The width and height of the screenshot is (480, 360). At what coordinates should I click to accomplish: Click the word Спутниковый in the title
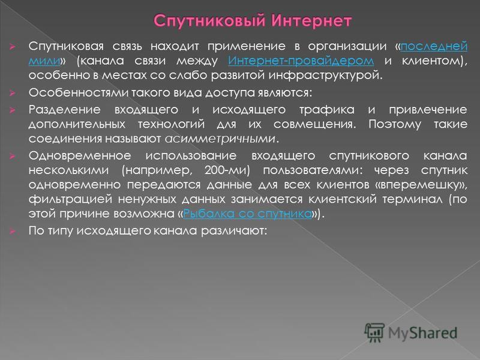tap(209, 22)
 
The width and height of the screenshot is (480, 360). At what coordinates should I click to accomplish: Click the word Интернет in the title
tap(311, 21)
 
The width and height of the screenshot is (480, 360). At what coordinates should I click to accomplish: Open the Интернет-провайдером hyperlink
tap(301, 61)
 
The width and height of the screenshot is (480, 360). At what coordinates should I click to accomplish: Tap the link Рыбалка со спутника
tap(247, 214)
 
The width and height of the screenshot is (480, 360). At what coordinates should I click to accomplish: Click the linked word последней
tap(434, 46)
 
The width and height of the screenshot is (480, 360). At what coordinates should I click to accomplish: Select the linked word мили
tap(44, 61)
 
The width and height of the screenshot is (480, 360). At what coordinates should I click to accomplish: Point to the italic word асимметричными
tap(220, 139)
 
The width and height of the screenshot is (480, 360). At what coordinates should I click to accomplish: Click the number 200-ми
tap(227, 170)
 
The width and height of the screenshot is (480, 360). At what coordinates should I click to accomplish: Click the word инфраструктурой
tap(325, 76)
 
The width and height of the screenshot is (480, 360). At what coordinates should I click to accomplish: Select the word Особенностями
tap(79, 92)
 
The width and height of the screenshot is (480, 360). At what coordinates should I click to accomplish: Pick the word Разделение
tap(65, 110)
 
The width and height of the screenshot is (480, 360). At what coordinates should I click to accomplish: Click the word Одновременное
tap(80, 155)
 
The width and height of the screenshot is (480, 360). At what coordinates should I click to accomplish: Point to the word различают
tap(234, 230)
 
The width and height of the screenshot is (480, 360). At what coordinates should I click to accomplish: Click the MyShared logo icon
tap(374, 332)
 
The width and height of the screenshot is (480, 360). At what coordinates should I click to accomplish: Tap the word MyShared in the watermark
tap(423, 333)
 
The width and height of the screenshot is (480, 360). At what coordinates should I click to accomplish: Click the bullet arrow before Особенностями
tap(12, 93)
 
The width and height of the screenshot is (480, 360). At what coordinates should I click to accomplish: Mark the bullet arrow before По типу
tap(12, 231)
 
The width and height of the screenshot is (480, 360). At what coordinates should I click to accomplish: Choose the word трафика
tap(326, 110)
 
